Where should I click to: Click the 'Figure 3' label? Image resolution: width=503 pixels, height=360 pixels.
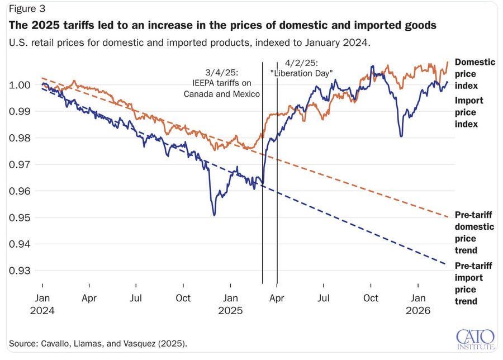(26, 9)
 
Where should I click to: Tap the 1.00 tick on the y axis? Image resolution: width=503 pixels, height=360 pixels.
(21, 85)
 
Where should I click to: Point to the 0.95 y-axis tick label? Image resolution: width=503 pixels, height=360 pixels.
(21, 217)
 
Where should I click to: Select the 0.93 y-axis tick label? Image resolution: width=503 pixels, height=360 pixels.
(21, 271)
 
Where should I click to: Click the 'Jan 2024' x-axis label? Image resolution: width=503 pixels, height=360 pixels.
(42, 304)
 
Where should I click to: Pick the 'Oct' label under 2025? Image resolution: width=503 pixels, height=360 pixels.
(371, 299)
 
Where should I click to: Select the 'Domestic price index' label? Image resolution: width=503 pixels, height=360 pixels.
(474, 74)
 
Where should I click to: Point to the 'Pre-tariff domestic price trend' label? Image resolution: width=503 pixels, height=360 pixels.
(473, 232)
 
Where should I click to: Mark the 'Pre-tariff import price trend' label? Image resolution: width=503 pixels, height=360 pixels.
(473, 283)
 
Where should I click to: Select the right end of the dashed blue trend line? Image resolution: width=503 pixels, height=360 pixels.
(445, 264)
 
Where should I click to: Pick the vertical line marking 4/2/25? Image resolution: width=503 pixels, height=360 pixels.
(277, 173)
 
